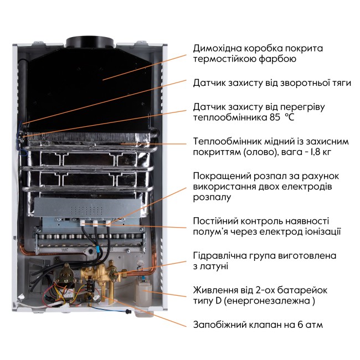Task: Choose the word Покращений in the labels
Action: click(220, 176)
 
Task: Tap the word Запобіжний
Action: click(220, 325)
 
